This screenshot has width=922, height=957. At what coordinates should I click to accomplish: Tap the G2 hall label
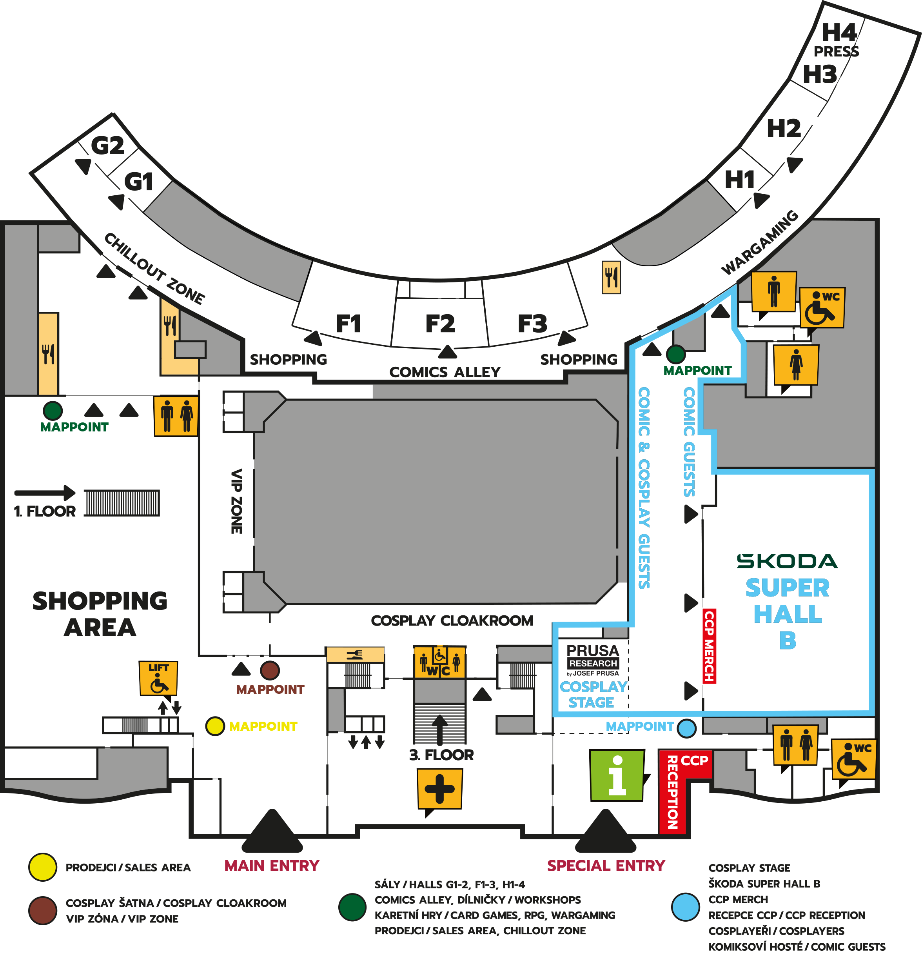click(107, 146)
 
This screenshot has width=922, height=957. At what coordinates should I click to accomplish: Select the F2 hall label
click(440, 324)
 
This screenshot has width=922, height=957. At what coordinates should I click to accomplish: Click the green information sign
click(617, 775)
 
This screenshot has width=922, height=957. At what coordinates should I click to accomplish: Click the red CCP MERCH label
click(709, 646)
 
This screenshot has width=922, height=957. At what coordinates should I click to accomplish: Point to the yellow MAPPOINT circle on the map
click(215, 726)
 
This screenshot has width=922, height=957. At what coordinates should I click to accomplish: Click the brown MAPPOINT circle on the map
click(270, 670)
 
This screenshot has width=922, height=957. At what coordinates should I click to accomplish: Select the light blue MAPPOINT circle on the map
click(687, 728)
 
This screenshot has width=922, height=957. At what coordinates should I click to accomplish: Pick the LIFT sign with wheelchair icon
click(158, 678)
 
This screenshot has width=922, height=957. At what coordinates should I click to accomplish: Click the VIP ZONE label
click(236, 502)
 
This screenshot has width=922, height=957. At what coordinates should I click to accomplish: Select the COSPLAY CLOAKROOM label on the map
click(452, 620)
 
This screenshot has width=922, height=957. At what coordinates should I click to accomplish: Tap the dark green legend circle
click(352, 907)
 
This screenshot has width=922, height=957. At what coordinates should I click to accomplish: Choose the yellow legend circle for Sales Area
click(42, 867)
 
